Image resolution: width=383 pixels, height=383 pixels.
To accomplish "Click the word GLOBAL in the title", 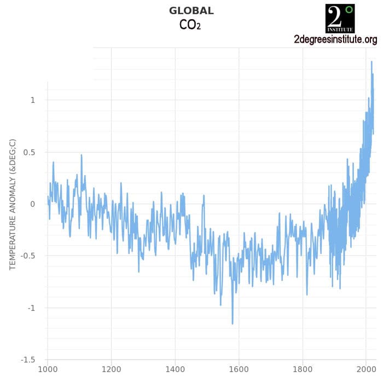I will tap(191, 11).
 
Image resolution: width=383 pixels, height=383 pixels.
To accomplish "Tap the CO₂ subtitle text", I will tap(190, 25).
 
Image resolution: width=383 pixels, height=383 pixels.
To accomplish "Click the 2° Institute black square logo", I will tap(340, 18).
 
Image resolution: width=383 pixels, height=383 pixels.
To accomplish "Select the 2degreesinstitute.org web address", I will tap(335, 39).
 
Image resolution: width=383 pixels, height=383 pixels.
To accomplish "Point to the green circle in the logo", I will tap(350, 9).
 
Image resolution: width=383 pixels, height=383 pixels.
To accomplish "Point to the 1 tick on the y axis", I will tap(33, 100).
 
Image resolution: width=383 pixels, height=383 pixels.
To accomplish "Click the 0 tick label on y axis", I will tap(33, 204).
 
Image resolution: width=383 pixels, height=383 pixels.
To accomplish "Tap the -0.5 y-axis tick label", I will tap(28, 256).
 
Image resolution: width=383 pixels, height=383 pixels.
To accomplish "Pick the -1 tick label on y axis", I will tap(31, 308).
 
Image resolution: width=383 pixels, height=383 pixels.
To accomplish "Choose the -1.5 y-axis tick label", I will tap(28, 360).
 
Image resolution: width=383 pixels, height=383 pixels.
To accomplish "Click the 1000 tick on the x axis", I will tap(48, 369).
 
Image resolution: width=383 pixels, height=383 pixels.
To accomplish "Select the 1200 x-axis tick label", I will tap(111, 369).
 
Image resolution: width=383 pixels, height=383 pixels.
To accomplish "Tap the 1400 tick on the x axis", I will tap(175, 369).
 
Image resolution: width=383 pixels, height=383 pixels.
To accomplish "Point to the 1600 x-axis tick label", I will tap(239, 369).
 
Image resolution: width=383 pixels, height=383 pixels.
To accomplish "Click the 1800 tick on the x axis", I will tap(303, 369).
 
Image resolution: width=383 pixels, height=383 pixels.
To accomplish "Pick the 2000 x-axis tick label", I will tap(366, 369).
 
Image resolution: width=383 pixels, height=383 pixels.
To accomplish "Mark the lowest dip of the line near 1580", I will tap(233, 323).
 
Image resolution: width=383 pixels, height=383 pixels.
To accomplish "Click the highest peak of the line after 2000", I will tap(372, 62).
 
